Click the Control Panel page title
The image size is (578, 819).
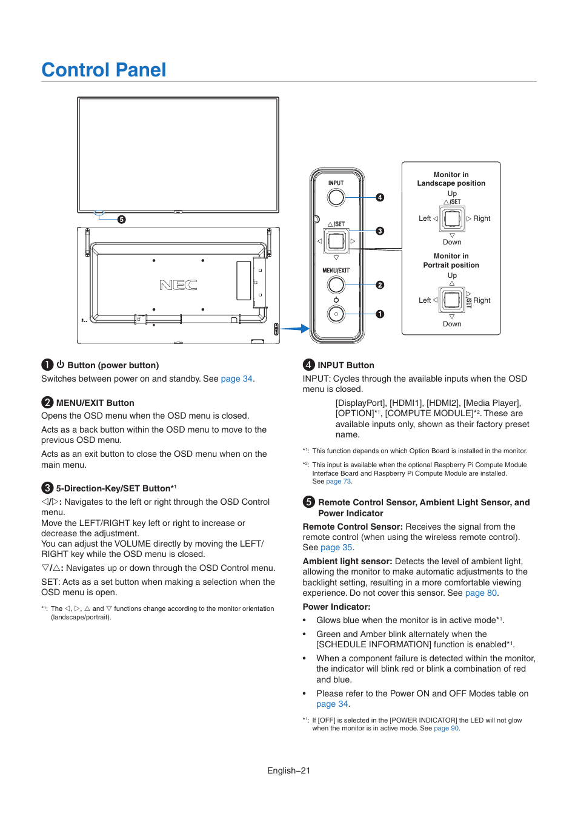pos(104,70)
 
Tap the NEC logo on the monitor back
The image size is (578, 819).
pos(178,285)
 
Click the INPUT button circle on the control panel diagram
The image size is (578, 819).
pos(336,197)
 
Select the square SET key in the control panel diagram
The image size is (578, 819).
pos(336,241)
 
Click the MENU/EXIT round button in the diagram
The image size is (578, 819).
pos(336,285)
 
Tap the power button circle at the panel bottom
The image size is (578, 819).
pos(336,314)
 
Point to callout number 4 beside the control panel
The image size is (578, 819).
pos(380,197)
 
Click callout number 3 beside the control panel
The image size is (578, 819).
pos(380,231)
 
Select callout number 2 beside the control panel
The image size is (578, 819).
pos(380,285)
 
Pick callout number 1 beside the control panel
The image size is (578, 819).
pos(380,314)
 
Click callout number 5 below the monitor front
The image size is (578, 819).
pos(122,220)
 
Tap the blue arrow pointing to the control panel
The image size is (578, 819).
pos(296,329)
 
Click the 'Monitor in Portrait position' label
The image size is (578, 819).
pos(451,260)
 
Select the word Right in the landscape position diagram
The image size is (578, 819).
pos(482,218)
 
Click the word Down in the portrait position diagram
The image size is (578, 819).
pos(452,324)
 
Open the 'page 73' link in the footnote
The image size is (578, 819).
pos(338,482)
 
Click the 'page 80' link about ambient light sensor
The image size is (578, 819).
pos(480,593)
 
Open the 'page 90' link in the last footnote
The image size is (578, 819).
pos(446,729)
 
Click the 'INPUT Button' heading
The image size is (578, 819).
pos(345,365)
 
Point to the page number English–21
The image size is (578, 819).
pos(288,770)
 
